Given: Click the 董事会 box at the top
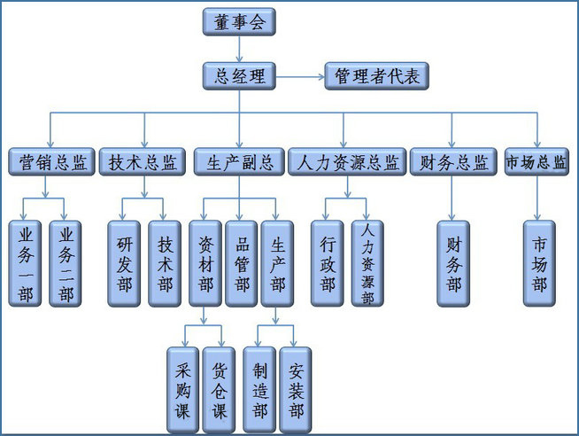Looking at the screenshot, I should pos(239,21).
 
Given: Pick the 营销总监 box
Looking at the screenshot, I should pos(52,162).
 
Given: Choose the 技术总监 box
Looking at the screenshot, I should pos(143,162).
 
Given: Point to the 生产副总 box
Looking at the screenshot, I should pos(239,162).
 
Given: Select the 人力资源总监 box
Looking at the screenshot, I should pos(346,162).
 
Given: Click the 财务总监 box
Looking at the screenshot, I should pos(452,162).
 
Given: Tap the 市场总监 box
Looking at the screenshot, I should pos(537,162).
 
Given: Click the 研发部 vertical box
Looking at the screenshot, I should pos(125,262).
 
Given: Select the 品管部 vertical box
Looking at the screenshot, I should pos(239,262).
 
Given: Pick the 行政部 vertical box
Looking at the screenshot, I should pos(328,262).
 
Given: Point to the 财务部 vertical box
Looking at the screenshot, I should pos(453,262).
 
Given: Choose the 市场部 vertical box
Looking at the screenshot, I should pos(539,262).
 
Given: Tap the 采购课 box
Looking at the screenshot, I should pos(183,390).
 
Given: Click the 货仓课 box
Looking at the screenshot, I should pos(219,390).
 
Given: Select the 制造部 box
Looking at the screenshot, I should pos(259,390).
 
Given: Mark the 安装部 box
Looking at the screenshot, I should pos(295,390).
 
